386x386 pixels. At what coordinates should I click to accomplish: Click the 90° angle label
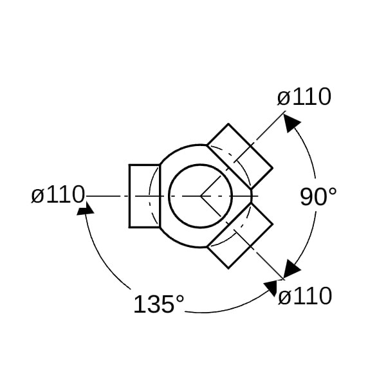click(x=318, y=197)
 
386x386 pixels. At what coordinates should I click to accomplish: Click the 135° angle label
click(x=159, y=304)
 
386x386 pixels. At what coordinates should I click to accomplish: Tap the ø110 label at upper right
click(x=304, y=96)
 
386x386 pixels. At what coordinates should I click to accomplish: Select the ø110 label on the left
click(x=58, y=194)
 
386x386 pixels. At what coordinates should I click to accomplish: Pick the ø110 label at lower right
click(x=305, y=296)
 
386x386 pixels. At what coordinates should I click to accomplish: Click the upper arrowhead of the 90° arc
click(x=291, y=123)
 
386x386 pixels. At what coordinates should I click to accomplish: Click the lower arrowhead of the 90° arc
click(x=291, y=269)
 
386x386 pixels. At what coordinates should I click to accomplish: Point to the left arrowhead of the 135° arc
click(x=85, y=208)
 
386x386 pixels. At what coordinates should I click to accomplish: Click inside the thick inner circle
click(x=200, y=196)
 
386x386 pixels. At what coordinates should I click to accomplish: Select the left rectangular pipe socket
click(x=145, y=196)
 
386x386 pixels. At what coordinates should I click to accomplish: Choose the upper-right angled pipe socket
click(x=240, y=156)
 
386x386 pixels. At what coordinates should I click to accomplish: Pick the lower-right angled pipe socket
click(x=240, y=235)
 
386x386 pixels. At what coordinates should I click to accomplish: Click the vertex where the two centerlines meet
click(x=201, y=196)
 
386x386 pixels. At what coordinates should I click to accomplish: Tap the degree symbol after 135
click(x=180, y=299)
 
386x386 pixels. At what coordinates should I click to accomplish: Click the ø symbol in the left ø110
click(x=38, y=196)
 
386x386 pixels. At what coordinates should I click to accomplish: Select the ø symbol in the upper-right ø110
click(x=284, y=98)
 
